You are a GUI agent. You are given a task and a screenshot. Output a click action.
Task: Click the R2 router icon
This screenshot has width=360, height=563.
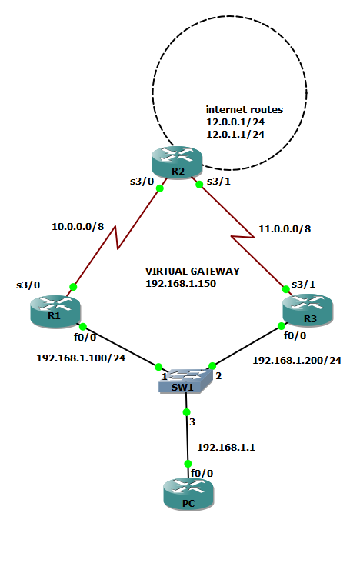point(176,164)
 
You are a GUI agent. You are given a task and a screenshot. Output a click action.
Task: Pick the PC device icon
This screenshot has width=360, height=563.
point(186,494)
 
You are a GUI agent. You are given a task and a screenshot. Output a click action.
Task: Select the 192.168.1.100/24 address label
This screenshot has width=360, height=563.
point(81,358)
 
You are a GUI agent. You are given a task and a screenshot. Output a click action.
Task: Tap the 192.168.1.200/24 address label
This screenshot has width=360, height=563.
point(297,360)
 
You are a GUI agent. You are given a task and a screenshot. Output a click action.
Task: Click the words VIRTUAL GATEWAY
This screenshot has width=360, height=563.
point(192,272)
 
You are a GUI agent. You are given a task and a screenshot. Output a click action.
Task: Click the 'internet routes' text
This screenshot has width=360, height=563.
point(244,110)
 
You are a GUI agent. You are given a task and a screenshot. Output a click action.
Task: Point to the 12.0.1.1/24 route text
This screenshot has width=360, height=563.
point(235,135)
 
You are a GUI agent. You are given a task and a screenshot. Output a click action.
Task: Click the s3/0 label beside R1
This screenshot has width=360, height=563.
point(28,285)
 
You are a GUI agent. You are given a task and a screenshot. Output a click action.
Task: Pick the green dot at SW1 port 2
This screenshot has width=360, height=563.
point(212,366)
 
